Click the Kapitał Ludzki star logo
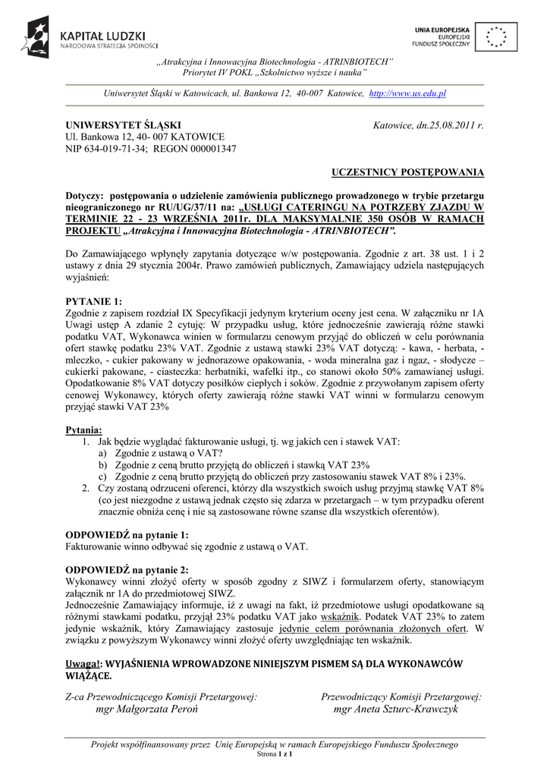[35, 36]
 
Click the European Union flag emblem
[498, 36]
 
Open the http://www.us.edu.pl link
[407, 93]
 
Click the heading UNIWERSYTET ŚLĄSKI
[123, 124]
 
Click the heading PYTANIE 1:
[93, 300]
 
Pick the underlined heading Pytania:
[84, 430]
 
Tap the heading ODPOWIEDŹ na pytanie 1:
[127, 534]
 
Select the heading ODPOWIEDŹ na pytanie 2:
[127, 569]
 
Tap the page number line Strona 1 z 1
[275, 756]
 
